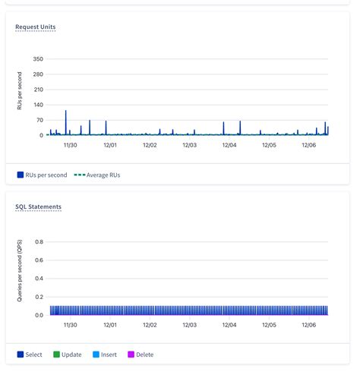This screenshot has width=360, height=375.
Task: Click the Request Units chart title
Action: [35, 27]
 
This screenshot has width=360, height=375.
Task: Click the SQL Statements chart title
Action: [38, 206]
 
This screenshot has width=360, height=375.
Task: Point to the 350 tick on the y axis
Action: [38, 58]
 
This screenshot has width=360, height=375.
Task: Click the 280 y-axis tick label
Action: [38, 74]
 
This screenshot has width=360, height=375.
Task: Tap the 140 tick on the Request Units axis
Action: [38, 105]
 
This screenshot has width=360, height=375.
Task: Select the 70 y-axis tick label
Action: [39, 120]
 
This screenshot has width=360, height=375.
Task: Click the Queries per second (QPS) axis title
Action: [21, 269]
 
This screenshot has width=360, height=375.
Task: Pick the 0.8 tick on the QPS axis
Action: [39, 242]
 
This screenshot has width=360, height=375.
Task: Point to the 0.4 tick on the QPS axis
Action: [39, 279]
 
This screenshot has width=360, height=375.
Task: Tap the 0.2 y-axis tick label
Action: [39, 297]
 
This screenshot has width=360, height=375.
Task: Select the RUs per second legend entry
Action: [43, 175]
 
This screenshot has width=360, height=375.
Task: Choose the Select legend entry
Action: [30, 355]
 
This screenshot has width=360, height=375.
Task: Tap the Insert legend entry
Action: [105, 355]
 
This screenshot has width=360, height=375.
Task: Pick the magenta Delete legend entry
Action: [141, 355]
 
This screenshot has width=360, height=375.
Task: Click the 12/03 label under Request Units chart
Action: [189, 144]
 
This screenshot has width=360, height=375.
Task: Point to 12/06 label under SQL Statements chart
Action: [308, 324]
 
